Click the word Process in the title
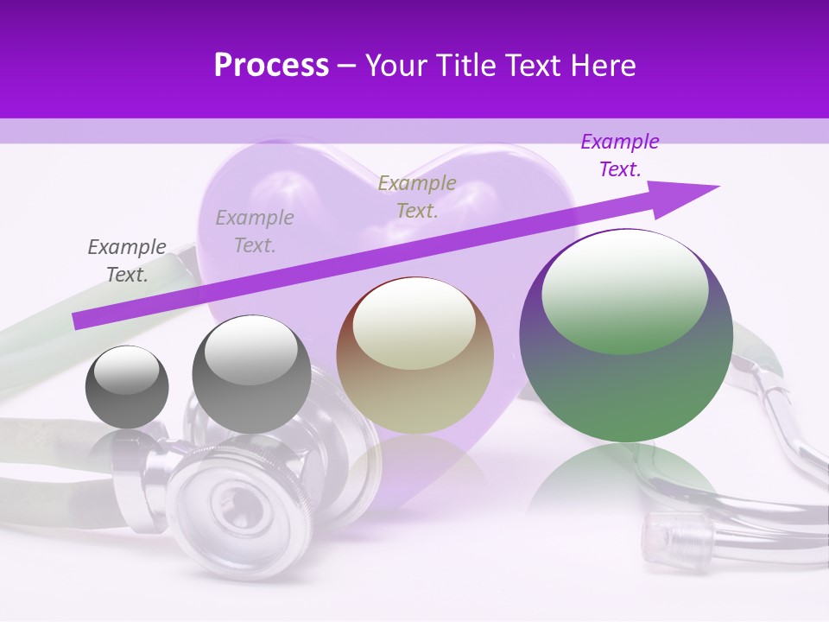(271, 66)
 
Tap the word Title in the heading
(464, 66)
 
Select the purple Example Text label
(620, 155)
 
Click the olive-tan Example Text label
(417, 196)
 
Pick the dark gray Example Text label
(127, 261)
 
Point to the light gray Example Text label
(255, 231)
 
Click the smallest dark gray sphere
(127, 387)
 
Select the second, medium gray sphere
(251, 374)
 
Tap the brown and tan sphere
(414, 356)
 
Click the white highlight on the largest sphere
(624, 292)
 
